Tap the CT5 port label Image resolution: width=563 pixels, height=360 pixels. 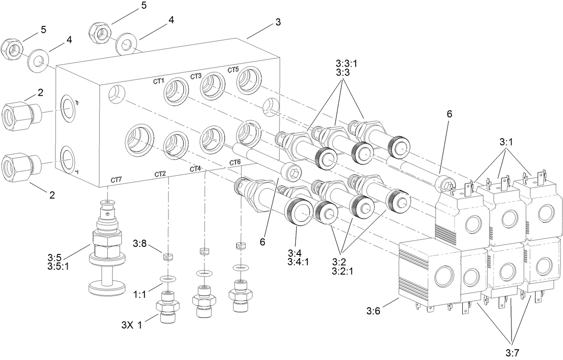pos(233,70)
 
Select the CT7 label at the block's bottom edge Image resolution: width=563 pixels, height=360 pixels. pos(116,180)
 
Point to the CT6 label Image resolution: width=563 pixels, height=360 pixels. pos(235,162)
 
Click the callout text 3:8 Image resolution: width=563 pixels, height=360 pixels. pos(140,244)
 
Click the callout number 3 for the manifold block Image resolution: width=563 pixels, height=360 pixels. pos(278,22)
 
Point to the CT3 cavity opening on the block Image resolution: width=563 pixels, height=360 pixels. pos(211,85)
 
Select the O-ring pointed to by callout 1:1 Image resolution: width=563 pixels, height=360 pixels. pos(167,279)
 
